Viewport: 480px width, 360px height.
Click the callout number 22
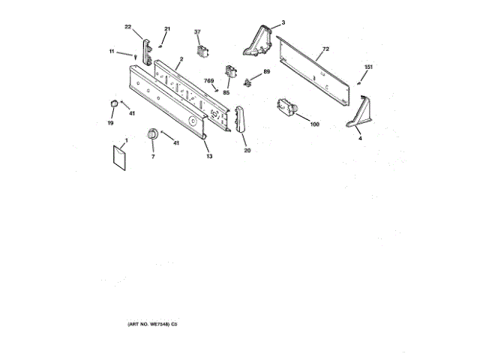pyautogui.click(x=128, y=27)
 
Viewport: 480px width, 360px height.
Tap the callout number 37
pyautogui.click(x=198, y=32)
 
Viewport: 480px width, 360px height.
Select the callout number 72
pyautogui.click(x=325, y=49)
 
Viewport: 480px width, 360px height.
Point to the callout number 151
pyautogui.click(x=368, y=68)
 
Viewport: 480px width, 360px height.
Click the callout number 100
pyautogui.click(x=314, y=123)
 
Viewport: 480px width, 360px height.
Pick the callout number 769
pyautogui.click(x=210, y=81)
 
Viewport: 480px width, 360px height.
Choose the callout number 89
pyautogui.click(x=266, y=73)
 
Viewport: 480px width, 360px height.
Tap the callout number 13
pyautogui.click(x=209, y=156)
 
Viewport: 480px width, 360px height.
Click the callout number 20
pyautogui.click(x=247, y=151)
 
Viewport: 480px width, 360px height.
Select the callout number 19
pyautogui.click(x=110, y=122)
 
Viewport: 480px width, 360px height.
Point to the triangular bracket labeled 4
pyautogui.click(x=358, y=116)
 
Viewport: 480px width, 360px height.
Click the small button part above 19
pyautogui.click(x=111, y=103)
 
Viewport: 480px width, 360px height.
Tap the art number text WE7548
pyautogui.click(x=146, y=323)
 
